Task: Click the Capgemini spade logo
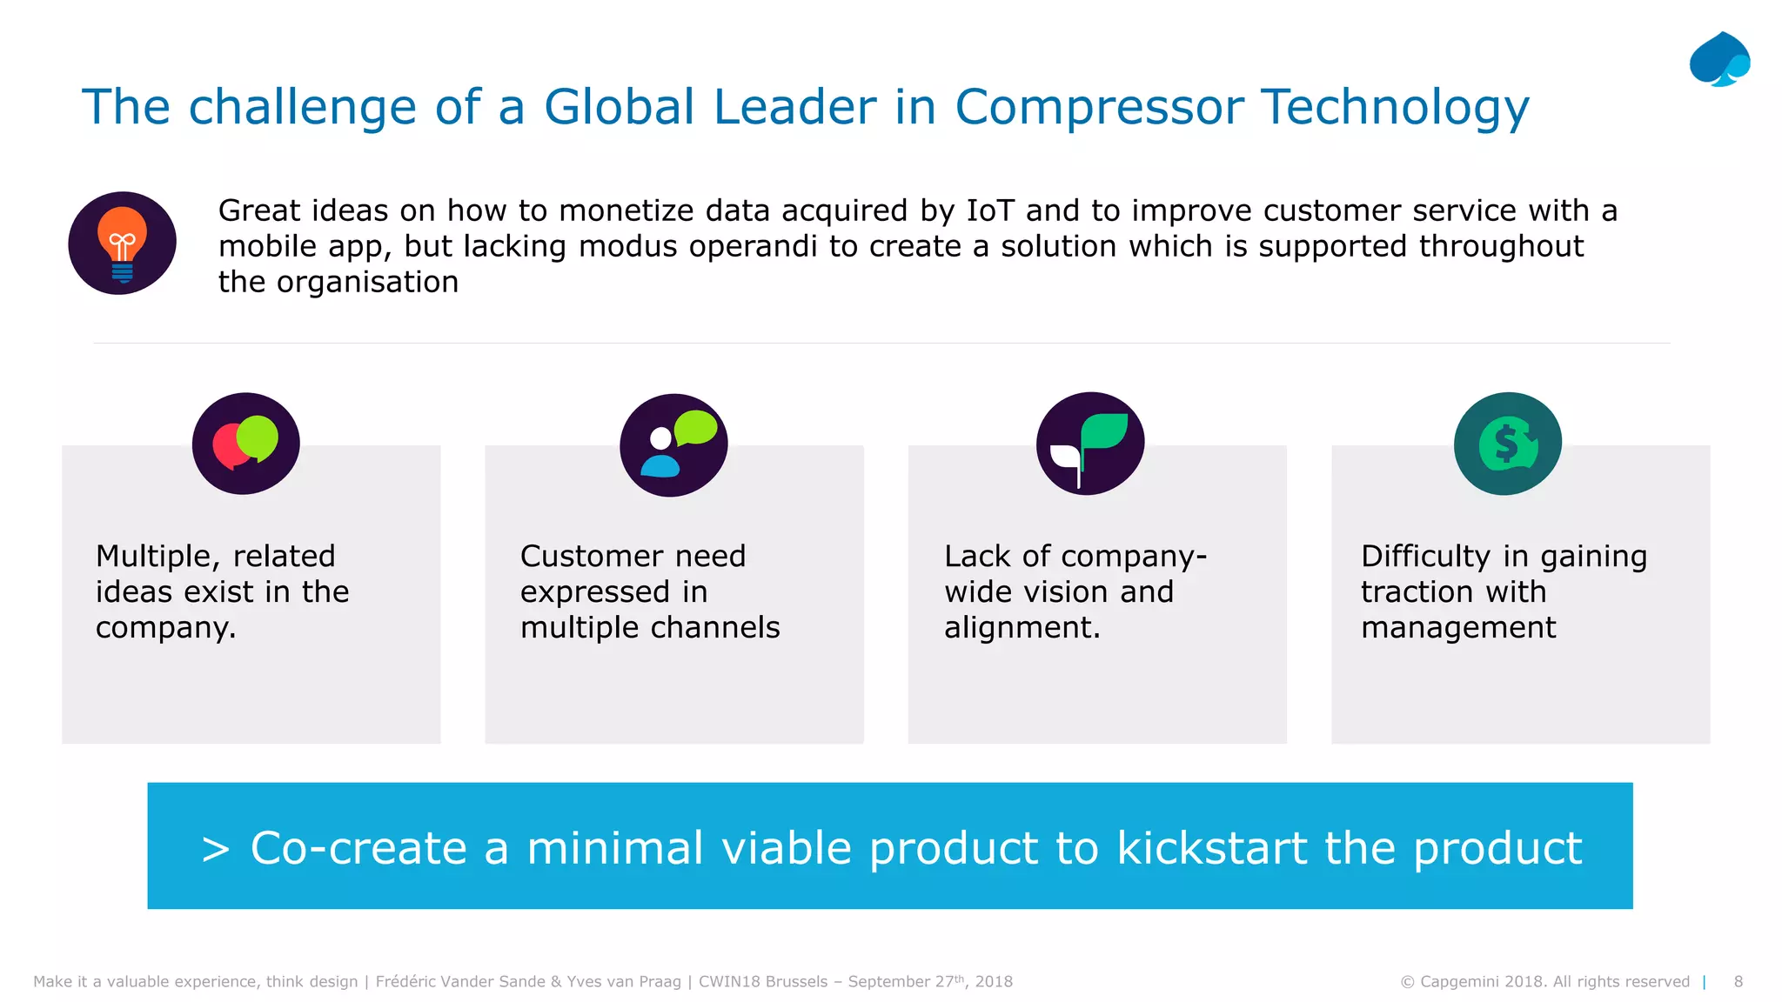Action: click(x=1719, y=60)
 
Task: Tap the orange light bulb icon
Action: click(x=122, y=243)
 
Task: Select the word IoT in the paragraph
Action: click(x=989, y=210)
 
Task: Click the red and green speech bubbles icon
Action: click(x=245, y=444)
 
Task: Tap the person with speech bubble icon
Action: click(x=673, y=444)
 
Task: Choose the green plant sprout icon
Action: click(x=1089, y=444)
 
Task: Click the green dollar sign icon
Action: click(x=1507, y=444)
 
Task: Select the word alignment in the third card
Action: click(x=1022, y=628)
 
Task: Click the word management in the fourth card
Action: click(x=1458, y=628)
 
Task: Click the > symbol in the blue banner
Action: click(x=215, y=850)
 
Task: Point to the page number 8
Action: click(x=1738, y=981)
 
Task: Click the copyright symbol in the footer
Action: click(x=1407, y=982)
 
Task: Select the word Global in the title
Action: click(x=620, y=108)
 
